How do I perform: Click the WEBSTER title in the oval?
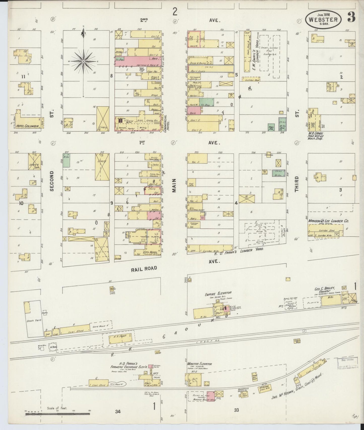(x=324, y=19)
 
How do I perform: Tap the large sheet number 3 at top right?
(x=351, y=17)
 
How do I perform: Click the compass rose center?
(x=83, y=61)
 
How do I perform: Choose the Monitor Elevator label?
(x=199, y=364)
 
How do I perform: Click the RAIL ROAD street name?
(x=144, y=269)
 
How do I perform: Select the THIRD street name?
(x=296, y=184)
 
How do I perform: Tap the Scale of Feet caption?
(x=57, y=408)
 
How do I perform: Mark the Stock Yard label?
(x=32, y=321)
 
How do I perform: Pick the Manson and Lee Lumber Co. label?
(x=328, y=221)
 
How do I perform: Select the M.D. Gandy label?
(x=316, y=133)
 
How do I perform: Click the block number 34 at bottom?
(x=118, y=412)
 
